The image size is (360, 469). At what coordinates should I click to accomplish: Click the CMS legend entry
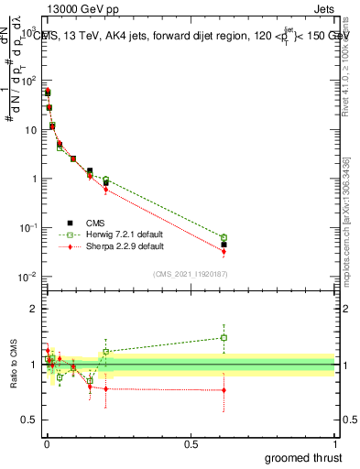[95, 223]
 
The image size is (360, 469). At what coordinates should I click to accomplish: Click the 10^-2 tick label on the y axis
[28, 277]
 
